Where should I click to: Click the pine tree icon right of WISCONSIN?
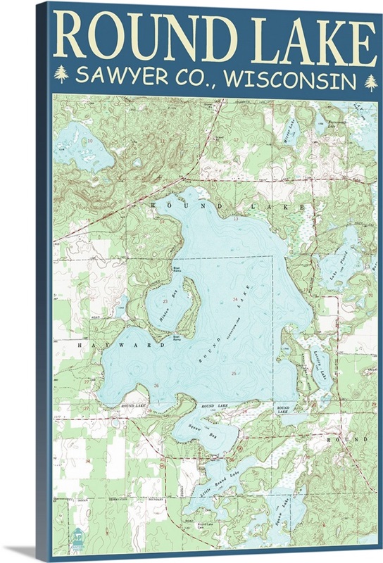pyautogui.click(x=370, y=82)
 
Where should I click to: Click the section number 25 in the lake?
pyautogui.click(x=233, y=372)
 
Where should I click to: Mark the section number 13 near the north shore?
pyautogui.click(x=237, y=220)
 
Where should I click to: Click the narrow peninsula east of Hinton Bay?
pyautogui.click(x=190, y=310)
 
